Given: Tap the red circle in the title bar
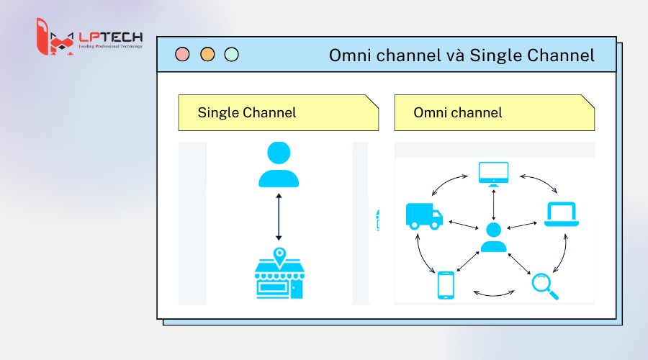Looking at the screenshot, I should tap(183, 54).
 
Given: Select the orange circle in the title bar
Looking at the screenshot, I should tap(207, 54).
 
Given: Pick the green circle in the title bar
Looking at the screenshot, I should tap(231, 54).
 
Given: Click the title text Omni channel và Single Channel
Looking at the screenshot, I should tap(462, 55).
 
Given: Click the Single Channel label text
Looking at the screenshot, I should tap(246, 112).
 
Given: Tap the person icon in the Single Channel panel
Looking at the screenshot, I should tap(279, 165).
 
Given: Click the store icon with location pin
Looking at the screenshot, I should tap(279, 274).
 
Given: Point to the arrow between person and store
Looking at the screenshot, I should tap(279, 217).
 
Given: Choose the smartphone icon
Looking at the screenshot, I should tap(446, 284).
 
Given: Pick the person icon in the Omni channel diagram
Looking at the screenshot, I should tap(493, 238).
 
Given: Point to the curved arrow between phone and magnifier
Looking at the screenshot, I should tap(494, 294).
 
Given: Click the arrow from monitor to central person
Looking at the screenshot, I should tap(493, 204).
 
